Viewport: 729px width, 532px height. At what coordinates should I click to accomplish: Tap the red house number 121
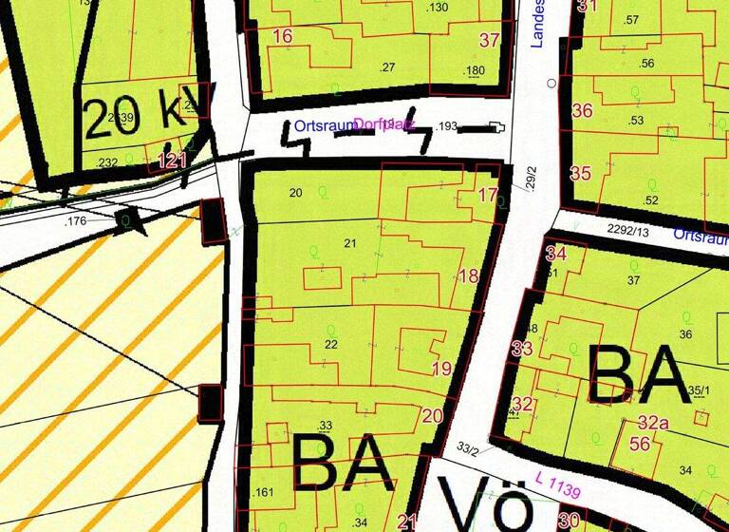click(172, 160)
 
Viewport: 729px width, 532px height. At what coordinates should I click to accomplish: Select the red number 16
click(282, 37)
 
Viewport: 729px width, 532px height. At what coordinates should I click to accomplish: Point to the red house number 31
click(589, 6)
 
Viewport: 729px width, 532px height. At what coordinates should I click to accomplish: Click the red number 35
click(581, 173)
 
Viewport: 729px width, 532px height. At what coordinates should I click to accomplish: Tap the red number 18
click(468, 276)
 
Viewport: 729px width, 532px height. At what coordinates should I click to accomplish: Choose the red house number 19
click(441, 369)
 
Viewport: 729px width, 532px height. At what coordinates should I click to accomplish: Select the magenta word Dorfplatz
click(384, 124)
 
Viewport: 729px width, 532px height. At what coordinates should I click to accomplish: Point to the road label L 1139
click(557, 481)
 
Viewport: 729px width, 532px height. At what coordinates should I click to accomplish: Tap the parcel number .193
click(446, 125)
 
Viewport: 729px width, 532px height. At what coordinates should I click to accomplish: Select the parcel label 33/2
click(468, 448)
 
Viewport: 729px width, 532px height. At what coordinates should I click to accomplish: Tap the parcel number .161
click(264, 492)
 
